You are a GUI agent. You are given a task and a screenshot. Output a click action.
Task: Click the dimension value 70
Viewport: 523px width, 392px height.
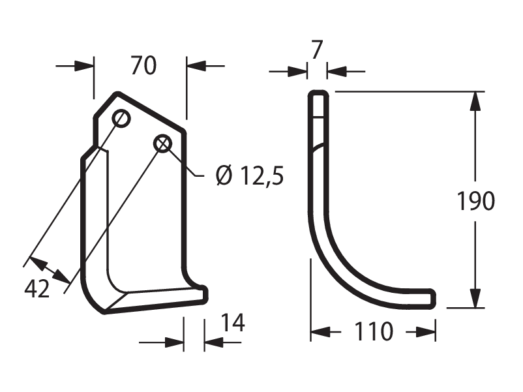143,65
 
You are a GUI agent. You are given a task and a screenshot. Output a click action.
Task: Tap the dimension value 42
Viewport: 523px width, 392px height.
37,288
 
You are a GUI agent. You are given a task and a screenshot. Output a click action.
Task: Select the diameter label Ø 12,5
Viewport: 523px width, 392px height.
250,176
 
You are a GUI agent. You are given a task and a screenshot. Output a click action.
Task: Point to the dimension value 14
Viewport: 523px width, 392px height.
233,323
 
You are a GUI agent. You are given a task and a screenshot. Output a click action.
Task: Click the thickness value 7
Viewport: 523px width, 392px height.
316,50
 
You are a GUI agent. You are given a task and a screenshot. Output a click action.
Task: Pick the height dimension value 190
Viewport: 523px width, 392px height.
475,201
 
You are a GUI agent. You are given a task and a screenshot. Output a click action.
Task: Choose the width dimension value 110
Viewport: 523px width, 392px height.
373,331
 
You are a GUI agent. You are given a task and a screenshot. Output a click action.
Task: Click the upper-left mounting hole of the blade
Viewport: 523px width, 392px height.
121,118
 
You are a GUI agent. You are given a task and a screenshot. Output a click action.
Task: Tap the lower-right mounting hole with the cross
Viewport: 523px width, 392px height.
163,144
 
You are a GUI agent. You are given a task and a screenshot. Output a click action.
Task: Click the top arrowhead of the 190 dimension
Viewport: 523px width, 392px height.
475,100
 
